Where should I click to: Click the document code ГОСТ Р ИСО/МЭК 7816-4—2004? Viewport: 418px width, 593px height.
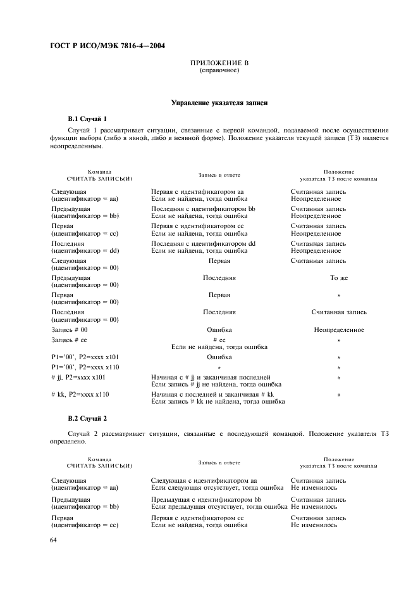[x=102, y=46]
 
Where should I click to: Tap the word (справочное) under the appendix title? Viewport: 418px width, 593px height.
[x=219, y=70]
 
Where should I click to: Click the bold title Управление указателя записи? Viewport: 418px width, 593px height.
[x=219, y=103]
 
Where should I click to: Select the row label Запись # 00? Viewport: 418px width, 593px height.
[x=69, y=329]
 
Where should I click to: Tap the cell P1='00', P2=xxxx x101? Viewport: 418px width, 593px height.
[x=86, y=357]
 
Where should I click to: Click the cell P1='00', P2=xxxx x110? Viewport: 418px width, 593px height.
[x=86, y=367]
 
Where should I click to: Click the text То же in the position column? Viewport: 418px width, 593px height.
[x=339, y=277]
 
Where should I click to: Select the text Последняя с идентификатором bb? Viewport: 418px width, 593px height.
[x=203, y=208]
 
